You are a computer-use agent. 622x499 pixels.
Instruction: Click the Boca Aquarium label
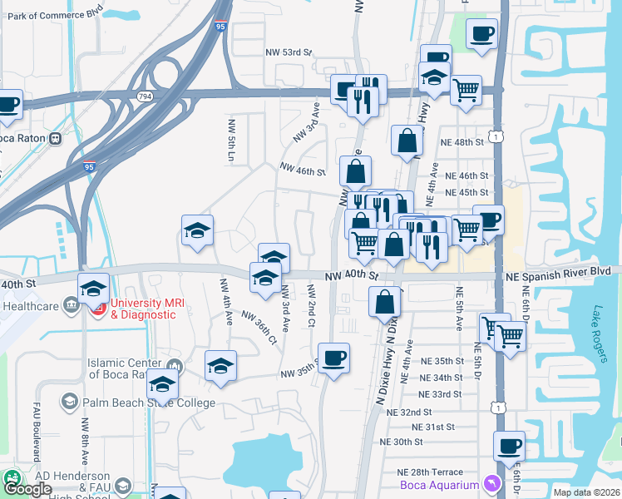[439, 485]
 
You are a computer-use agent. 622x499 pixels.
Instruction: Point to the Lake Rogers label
[600, 334]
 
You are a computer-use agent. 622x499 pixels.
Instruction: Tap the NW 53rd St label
[289, 52]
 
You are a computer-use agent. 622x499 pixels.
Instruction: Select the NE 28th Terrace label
[429, 472]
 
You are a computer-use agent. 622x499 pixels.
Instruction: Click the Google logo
[28, 489]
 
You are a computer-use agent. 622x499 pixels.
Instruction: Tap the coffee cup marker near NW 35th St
[333, 358]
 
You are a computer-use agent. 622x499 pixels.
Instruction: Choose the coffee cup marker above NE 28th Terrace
[509, 445]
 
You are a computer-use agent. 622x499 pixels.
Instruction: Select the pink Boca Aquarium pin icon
[492, 483]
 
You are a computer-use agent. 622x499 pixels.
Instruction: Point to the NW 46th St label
[302, 170]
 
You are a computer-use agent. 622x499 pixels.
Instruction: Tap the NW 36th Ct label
[259, 327]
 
